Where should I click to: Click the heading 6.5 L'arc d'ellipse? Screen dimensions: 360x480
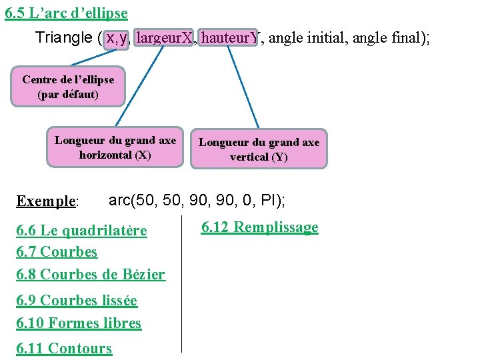click(x=66, y=13)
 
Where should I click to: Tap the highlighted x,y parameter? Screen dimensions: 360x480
click(x=116, y=39)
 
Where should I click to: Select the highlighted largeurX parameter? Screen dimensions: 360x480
click(x=164, y=39)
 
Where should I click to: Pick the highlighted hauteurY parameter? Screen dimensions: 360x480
click(x=229, y=39)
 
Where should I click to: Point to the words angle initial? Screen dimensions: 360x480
click(x=307, y=39)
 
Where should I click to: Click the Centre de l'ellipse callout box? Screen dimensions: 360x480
click(x=68, y=87)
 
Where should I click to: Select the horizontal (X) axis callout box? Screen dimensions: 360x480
click(x=115, y=147)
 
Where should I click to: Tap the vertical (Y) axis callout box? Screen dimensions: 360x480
click(x=259, y=149)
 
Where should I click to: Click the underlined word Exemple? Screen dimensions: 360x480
click(x=47, y=201)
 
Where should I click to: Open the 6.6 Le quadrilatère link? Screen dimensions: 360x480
click(x=81, y=231)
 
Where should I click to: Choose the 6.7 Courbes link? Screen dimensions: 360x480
click(x=57, y=252)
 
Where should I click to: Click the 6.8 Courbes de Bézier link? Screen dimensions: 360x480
click(x=91, y=274)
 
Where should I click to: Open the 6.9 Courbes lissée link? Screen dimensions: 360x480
click(x=77, y=301)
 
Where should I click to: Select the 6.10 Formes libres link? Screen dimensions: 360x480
click(x=79, y=323)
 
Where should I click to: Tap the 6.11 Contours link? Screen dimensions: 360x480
click(x=64, y=347)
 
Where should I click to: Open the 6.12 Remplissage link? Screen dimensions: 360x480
click(x=260, y=227)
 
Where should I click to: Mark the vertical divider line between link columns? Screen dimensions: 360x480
click(x=181, y=283)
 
